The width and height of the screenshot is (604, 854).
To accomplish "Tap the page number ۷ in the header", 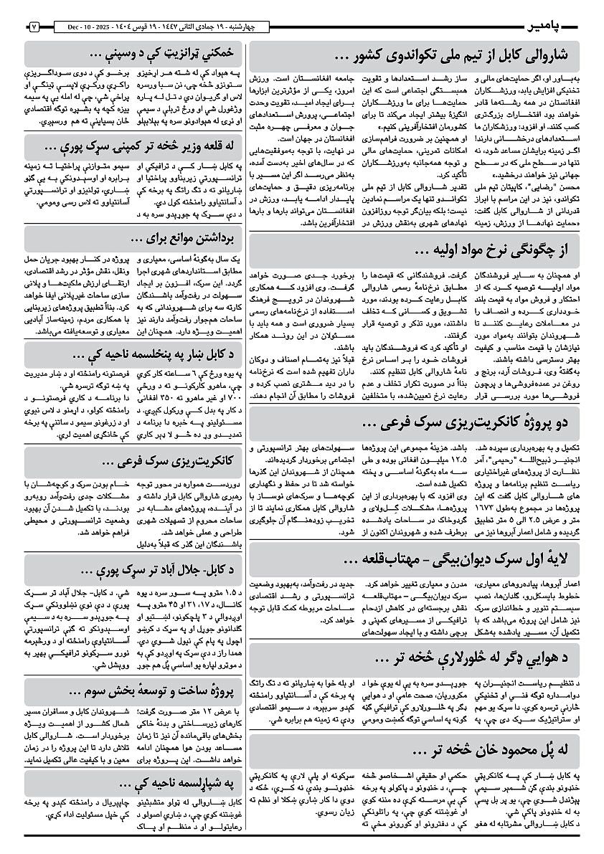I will click(34, 27).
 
